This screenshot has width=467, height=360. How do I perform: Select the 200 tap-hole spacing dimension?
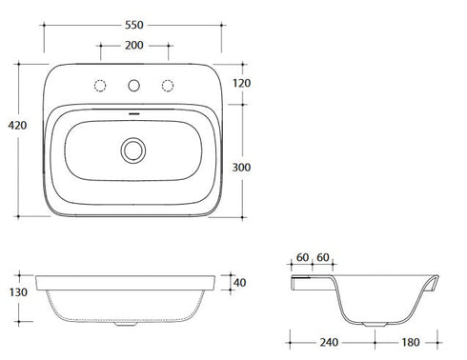coord(134,46)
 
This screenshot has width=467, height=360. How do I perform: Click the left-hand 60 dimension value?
coord(301,257)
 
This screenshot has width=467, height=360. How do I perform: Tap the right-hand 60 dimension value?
coord(323,257)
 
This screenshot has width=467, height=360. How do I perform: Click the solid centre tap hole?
coord(134,86)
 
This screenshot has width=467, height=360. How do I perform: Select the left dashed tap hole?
coord(99,86)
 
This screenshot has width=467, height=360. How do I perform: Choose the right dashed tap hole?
coord(170,86)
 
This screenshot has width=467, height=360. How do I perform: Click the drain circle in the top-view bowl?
coord(134,149)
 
